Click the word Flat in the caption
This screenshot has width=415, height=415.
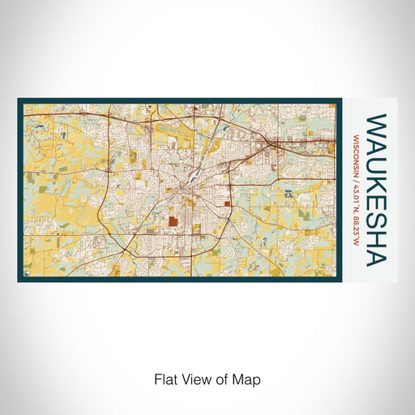165,379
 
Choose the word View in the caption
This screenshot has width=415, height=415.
196,379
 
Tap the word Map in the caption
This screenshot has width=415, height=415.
248,379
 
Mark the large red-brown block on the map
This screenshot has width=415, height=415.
173,220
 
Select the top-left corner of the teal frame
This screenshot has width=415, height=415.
19,101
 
